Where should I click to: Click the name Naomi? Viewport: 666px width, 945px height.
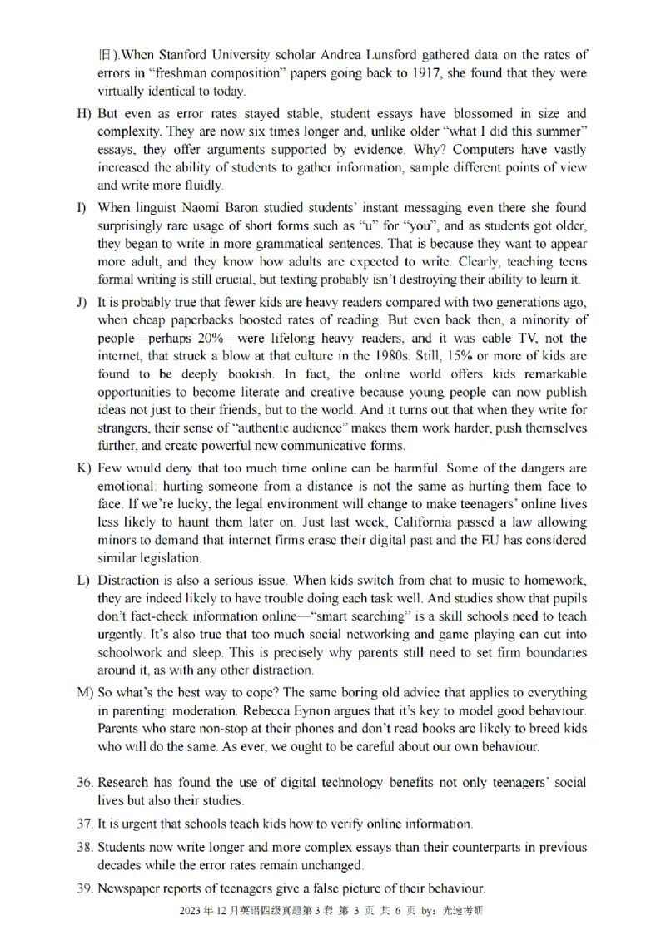[198, 208]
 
